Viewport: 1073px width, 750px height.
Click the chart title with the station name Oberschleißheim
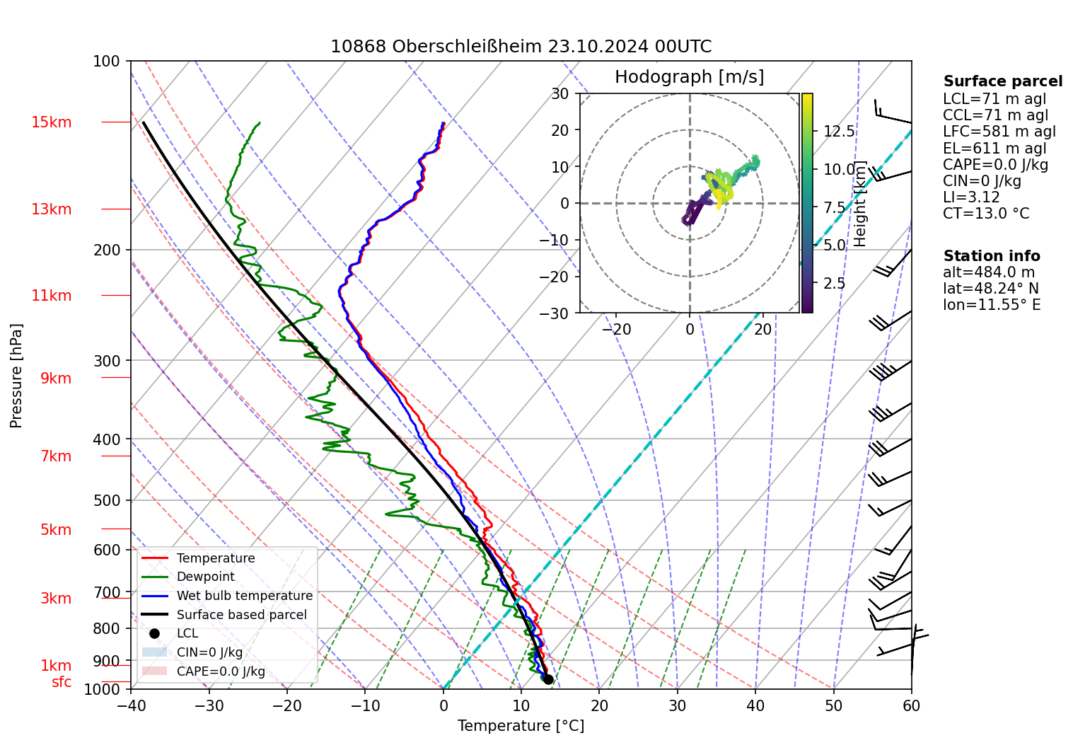[521, 47]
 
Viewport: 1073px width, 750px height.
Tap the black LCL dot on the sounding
[548, 679]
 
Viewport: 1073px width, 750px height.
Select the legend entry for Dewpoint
[205, 577]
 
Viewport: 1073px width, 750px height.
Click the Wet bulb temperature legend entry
[244, 596]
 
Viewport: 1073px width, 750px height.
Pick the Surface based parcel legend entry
[241, 615]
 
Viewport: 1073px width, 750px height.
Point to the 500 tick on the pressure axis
[108, 500]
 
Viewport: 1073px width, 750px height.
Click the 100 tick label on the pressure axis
[107, 62]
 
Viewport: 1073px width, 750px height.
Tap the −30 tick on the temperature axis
[209, 705]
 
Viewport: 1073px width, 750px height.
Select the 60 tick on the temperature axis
[911, 705]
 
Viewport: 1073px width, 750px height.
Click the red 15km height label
[51, 122]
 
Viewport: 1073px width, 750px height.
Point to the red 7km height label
[56, 456]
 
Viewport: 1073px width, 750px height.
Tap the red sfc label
[62, 682]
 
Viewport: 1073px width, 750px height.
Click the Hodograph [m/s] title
[689, 77]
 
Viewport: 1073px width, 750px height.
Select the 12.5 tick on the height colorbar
[839, 132]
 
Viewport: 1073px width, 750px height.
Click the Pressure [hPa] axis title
[16, 376]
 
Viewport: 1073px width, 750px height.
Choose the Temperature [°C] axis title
[521, 726]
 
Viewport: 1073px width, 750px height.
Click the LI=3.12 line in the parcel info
[971, 197]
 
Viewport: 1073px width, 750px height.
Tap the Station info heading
[992, 256]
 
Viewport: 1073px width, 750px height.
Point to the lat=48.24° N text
[991, 289]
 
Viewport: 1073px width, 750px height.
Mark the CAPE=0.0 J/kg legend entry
[221, 671]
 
